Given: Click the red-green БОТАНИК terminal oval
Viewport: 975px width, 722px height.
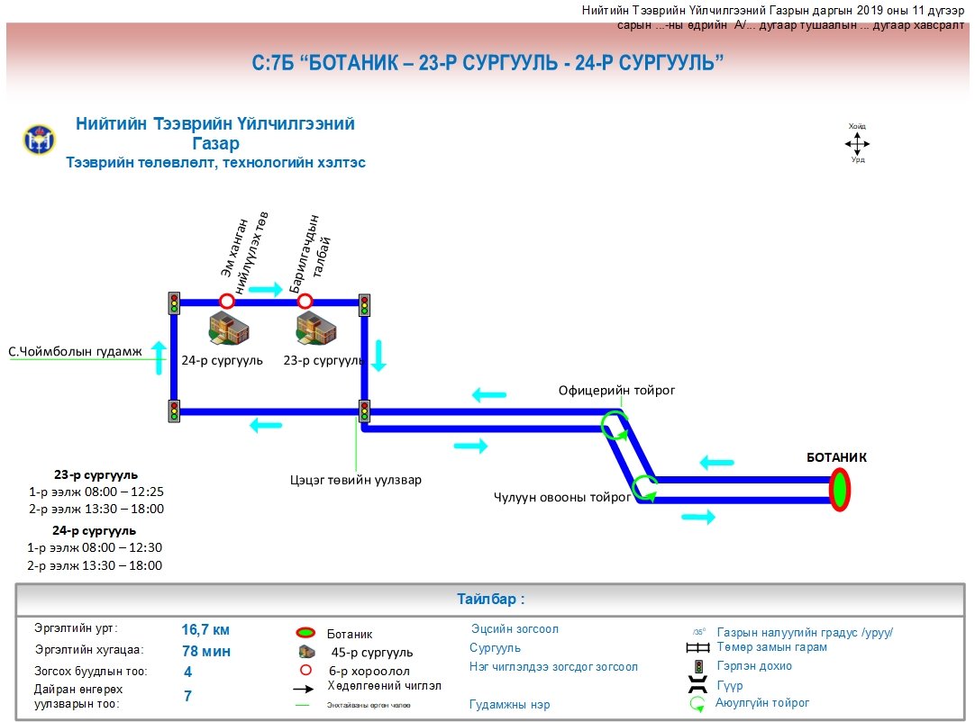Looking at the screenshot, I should [840, 490].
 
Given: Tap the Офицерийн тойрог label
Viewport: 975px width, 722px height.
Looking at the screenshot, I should [616, 390].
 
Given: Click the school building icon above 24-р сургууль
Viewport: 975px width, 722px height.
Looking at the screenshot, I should [228, 329].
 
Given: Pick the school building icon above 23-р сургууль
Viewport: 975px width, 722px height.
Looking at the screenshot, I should [316, 329].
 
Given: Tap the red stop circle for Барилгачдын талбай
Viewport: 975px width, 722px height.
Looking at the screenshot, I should [305, 301].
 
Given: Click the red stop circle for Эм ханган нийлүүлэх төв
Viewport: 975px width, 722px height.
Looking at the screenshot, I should [227, 301].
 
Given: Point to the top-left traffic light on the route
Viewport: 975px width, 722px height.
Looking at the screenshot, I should [174, 303].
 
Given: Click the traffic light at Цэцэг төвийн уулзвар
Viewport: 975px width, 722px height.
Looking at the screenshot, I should [364, 411].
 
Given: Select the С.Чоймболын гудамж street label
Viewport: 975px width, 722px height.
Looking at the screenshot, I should [76, 352].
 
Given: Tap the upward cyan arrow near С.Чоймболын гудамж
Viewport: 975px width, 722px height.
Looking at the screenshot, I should [159, 357].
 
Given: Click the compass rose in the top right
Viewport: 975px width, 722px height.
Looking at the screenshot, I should [857, 143].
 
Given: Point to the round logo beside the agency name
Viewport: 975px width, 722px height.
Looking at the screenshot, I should [39, 140].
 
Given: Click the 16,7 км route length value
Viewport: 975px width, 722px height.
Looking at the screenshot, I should [206, 629].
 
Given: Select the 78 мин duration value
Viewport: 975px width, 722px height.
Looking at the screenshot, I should [206, 651].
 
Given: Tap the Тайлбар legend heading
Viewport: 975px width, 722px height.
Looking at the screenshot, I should [490, 599].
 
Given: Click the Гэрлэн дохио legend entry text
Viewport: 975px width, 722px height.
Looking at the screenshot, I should [754, 666].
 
